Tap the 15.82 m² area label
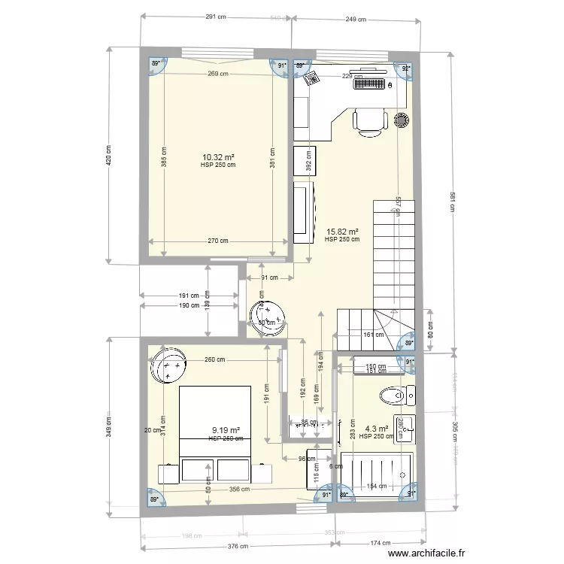click(x=342, y=232)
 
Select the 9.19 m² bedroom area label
click(x=226, y=431)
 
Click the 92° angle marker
click(x=406, y=68)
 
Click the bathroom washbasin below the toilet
click(x=402, y=428)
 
